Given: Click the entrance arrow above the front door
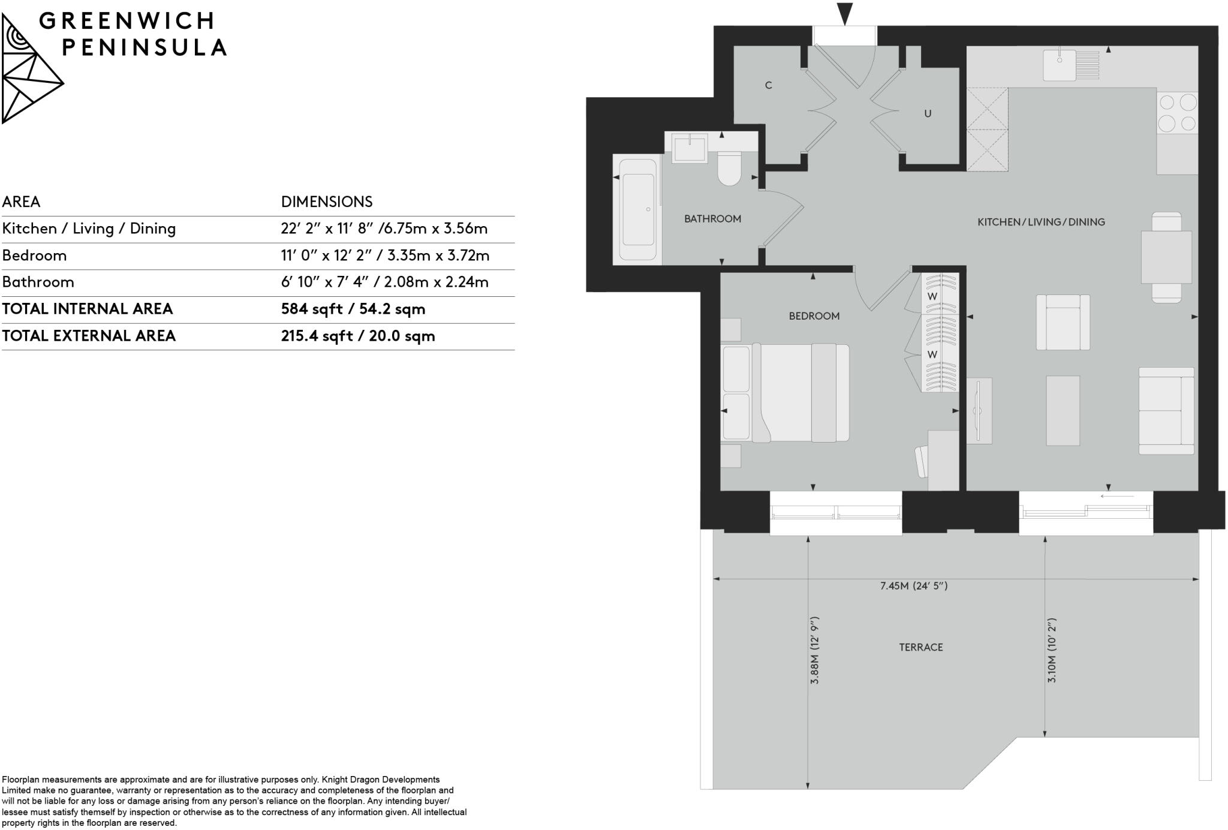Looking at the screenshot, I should [x=845, y=14].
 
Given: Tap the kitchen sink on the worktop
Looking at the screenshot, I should [x=1060, y=65].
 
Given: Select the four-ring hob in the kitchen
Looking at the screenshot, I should [x=1177, y=113].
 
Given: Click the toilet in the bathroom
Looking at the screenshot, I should [x=730, y=169].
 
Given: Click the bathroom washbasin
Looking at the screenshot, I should [x=690, y=148].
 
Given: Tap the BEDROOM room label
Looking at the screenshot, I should [x=814, y=316].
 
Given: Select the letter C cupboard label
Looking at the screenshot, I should [x=768, y=85].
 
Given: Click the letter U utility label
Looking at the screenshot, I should [x=927, y=113].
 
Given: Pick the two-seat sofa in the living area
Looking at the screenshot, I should [x=1166, y=411].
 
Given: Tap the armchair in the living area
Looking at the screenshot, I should [x=1063, y=322].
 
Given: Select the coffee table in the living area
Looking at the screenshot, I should [x=1063, y=411].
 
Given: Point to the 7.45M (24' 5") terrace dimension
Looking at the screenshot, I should [x=913, y=586].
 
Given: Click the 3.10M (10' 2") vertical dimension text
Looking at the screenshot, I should [x=1052, y=650].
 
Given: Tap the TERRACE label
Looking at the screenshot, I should [x=920, y=647].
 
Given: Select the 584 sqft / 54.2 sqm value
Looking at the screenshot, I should [x=353, y=309].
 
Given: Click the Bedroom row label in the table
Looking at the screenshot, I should [x=34, y=255].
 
